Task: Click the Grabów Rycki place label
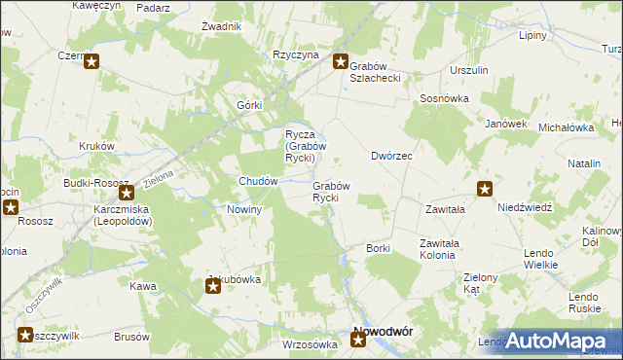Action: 330,192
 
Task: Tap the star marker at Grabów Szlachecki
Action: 342,62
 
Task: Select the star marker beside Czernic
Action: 92,63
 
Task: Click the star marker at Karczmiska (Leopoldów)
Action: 126,193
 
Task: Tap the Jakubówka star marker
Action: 213,285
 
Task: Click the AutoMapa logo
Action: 560,339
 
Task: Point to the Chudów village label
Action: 260,181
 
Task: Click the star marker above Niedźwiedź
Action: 485,189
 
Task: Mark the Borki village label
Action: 378,248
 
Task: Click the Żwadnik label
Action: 221,26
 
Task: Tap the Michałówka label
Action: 566,127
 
